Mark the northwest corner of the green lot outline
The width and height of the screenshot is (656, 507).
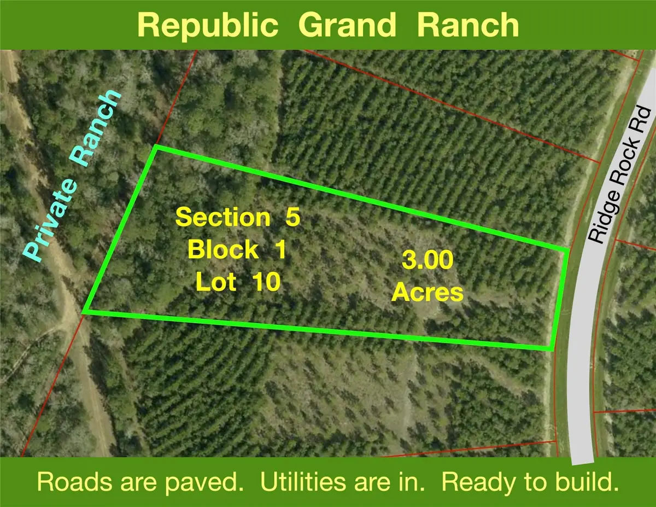(157, 147)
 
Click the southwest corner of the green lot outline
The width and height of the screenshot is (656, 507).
(84, 312)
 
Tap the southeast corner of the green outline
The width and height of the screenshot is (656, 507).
(551, 348)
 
